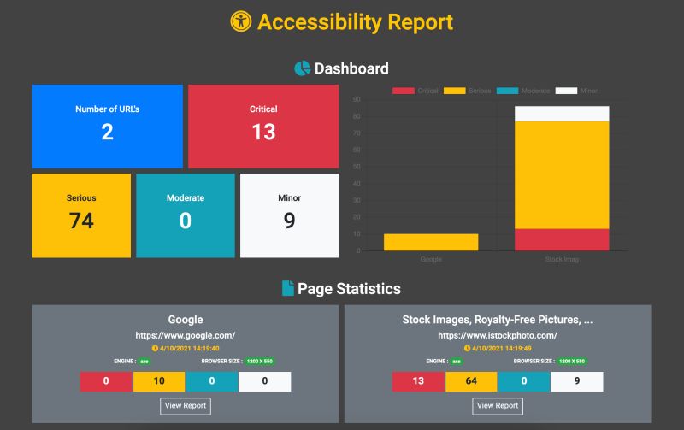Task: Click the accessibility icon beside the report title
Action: [x=241, y=22]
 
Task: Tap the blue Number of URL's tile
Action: [x=107, y=126]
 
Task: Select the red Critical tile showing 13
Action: [x=263, y=126]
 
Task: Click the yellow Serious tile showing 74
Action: [x=81, y=215]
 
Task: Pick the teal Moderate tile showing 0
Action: [x=185, y=215]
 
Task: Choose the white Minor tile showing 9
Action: [x=289, y=215]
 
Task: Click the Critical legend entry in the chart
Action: [x=416, y=91]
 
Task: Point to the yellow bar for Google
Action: [x=431, y=242]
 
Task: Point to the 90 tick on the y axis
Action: [x=356, y=99]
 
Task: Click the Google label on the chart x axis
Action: [x=431, y=259]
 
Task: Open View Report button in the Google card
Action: [x=186, y=405]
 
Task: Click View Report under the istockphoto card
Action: [x=497, y=405]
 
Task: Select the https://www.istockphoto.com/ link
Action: [x=497, y=335]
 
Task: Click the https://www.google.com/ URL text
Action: [x=186, y=335]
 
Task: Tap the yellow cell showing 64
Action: [x=471, y=381]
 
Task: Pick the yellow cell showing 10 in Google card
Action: [x=159, y=381]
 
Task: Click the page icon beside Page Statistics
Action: [x=288, y=289]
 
